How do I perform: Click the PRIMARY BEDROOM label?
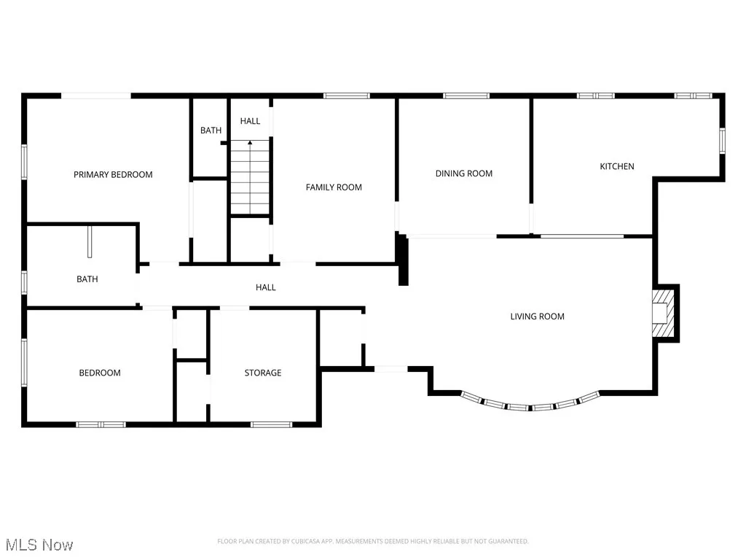(x=113, y=174)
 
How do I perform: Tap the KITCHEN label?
(x=616, y=166)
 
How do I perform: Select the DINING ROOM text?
(x=463, y=174)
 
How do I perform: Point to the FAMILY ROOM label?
(x=334, y=187)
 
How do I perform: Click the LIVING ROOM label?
(x=537, y=316)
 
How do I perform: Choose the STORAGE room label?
(x=262, y=373)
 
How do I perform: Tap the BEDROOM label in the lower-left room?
(x=100, y=373)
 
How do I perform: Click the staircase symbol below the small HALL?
(x=250, y=177)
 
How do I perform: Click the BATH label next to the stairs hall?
(x=211, y=131)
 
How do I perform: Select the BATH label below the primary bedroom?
(x=87, y=279)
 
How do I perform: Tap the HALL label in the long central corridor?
(x=265, y=287)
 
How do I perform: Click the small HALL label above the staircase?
(x=250, y=121)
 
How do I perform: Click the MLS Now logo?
(x=38, y=544)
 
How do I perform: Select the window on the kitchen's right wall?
(x=723, y=140)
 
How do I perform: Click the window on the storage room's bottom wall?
(x=271, y=424)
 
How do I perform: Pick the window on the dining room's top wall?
(x=466, y=95)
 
